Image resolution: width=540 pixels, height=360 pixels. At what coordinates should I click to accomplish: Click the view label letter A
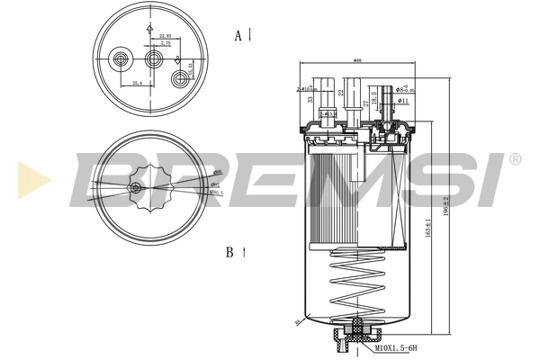238,35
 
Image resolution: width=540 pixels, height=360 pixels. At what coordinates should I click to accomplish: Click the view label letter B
231,254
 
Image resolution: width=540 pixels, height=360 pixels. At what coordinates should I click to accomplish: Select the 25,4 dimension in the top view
137,83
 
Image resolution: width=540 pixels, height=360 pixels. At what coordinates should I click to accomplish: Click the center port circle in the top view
154,59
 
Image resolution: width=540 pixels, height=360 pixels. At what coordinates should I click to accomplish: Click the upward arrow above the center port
147,29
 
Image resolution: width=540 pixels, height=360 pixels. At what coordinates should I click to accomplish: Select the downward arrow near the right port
178,61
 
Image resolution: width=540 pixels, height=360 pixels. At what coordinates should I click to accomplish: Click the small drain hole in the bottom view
135,187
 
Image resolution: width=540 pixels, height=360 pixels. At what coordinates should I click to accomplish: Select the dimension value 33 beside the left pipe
310,101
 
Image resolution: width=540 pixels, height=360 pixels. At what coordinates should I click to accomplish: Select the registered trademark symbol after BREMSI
515,159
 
